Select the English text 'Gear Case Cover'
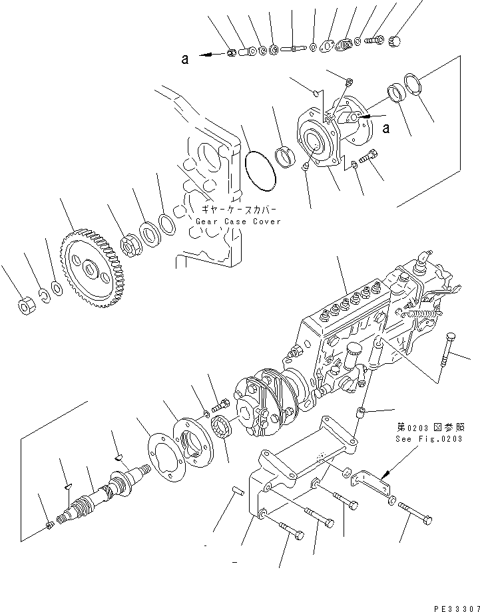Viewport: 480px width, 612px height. click(x=238, y=222)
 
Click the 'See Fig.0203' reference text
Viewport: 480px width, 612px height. click(x=420, y=440)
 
